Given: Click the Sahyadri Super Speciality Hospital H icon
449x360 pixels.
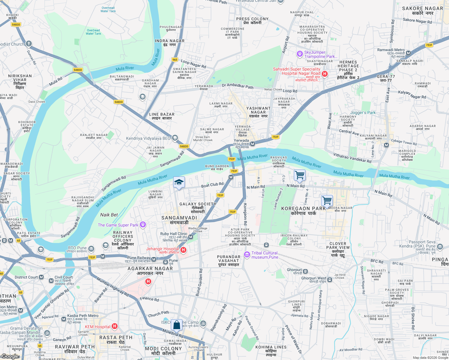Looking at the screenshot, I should (x=324, y=74).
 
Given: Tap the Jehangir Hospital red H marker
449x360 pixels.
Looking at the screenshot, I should (x=183, y=250).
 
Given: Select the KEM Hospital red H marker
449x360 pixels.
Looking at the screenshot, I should (x=114, y=326).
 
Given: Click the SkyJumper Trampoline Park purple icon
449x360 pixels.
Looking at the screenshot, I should (x=300, y=54).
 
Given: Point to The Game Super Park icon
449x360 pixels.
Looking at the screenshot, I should (x=143, y=224).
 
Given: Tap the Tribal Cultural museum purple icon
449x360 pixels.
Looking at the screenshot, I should (x=247, y=255).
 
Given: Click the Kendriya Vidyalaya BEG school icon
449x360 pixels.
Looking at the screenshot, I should (x=175, y=138).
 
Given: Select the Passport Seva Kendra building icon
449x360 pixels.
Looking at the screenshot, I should (x=440, y=247).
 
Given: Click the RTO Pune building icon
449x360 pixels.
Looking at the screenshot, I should (x=91, y=249).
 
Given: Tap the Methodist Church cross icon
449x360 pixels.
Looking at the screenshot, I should (x=29, y=44).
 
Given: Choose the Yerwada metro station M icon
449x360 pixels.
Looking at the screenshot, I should (x=253, y=144).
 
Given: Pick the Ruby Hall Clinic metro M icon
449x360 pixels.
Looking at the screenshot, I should (x=191, y=237).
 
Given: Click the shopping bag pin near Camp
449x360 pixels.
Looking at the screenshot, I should (x=177, y=325).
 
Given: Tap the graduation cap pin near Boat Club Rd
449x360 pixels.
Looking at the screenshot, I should (x=179, y=182).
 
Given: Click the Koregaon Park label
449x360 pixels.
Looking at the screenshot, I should (x=303, y=211).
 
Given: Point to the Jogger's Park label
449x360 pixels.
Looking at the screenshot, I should (x=363, y=113).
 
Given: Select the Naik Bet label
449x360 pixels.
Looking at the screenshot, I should (x=109, y=215).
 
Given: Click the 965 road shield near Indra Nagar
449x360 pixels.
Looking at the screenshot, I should (x=175, y=60).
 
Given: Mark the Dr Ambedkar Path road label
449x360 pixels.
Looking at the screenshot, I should (x=238, y=86).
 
